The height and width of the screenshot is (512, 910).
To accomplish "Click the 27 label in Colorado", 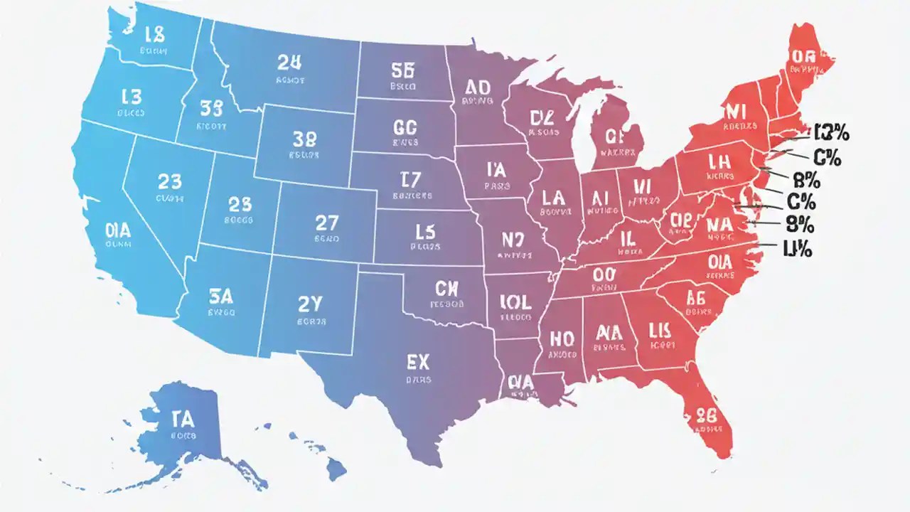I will point(326,223).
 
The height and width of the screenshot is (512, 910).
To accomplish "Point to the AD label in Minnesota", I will point(477,87).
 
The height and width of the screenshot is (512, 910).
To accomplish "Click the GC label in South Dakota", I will point(404,128).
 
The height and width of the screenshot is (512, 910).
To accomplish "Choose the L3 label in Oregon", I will point(132,98).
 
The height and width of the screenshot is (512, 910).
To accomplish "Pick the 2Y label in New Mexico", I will point(310,304).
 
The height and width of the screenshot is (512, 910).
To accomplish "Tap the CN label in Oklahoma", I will point(447,288).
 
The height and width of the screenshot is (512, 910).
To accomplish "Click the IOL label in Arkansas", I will point(515,302).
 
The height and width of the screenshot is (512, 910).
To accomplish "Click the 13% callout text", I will point(832,133).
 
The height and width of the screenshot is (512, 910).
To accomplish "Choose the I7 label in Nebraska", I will point(412,179).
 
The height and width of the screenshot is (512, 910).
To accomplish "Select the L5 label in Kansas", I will point(424,231).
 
